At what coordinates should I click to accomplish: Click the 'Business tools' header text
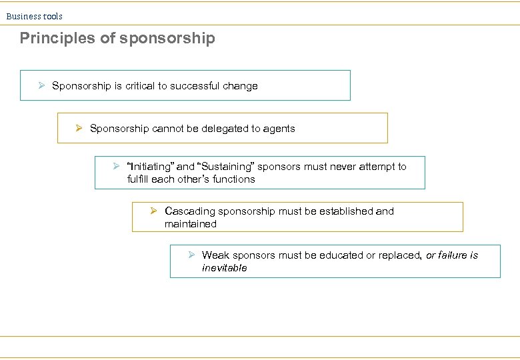tap(35, 16)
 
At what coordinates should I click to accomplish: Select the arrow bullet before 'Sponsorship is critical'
tap(41, 85)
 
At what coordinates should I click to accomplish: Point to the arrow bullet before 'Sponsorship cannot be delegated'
tap(79, 128)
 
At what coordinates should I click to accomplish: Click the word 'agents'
tap(279, 129)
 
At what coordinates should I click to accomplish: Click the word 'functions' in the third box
tap(234, 179)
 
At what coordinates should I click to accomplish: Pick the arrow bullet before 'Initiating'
tap(117, 166)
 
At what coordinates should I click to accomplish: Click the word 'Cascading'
tap(190, 211)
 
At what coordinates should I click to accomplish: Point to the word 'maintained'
tap(191, 224)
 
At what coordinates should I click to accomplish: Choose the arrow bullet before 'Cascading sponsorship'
tap(153, 211)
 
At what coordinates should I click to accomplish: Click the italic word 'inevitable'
tap(225, 268)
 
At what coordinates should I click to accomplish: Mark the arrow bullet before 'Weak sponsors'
tap(191, 255)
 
